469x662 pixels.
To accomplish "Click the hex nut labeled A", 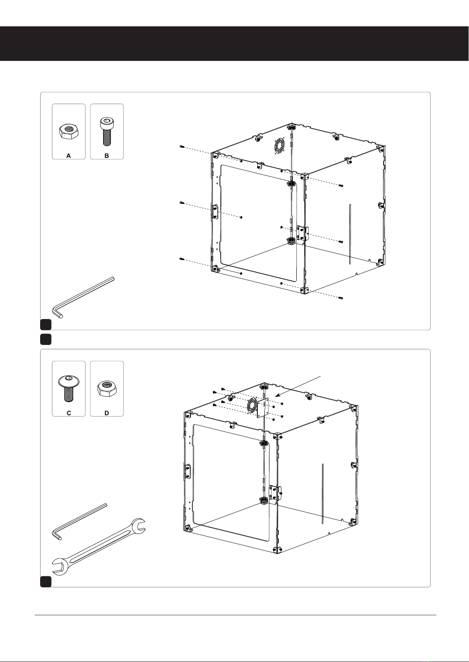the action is tap(68, 131).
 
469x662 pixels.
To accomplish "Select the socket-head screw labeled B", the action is tap(107, 132).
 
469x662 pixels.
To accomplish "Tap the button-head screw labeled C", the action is tap(68, 389).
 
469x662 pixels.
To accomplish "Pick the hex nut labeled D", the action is tap(107, 389).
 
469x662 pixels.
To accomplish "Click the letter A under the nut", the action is tap(68, 156).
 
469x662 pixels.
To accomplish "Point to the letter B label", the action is tap(107, 156).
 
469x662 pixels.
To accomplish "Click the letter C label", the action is tap(69, 413).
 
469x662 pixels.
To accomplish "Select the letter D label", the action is tap(107, 413).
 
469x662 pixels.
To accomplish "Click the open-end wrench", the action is tap(99, 547).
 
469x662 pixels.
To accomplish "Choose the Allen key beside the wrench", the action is tap(79, 522).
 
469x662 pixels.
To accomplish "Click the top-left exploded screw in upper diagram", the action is tap(182, 147).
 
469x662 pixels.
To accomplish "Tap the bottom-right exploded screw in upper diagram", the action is tap(341, 297).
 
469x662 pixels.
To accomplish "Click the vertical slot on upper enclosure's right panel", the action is tap(350, 233).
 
